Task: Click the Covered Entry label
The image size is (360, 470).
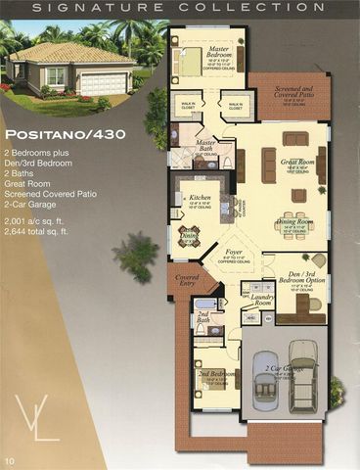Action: (x=187, y=281)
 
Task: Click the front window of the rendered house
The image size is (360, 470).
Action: (x=57, y=77)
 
